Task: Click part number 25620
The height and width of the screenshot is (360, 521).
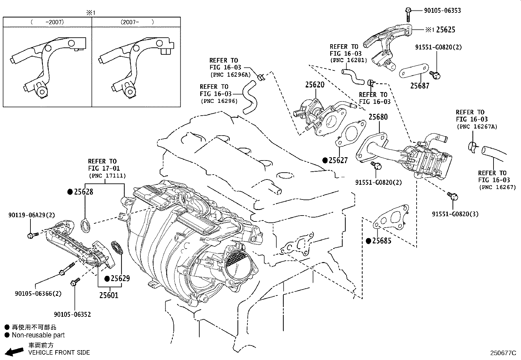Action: [x=314, y=85]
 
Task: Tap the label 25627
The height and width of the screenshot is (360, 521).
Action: [x=338, y=160]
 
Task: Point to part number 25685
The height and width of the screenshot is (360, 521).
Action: [x=382, y=241]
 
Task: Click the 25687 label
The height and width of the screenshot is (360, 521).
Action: [x=420, y=86]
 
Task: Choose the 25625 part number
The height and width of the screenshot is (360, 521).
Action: [x=445, y=30]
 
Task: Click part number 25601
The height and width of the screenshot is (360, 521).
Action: [x=109, y=295]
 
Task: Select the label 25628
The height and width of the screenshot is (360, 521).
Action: [x=83, y=192]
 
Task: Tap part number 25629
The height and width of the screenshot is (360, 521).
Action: [x=120, y=278]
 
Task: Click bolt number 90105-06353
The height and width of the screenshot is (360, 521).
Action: [x=442, y=10]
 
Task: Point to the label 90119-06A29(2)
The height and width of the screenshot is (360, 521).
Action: [x=31, y=215]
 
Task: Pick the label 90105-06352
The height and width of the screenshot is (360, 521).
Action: [x=72, y=314]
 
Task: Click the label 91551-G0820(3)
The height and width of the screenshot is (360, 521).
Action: [x=455, y=214]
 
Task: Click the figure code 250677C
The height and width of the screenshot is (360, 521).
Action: [x=503, y=353]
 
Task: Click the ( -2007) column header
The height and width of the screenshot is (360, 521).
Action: [x=47, y=22]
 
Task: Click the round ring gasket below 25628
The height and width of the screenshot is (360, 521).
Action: [x=86, y=226]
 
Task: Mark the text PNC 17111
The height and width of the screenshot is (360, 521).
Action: [x=107, y=176]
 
